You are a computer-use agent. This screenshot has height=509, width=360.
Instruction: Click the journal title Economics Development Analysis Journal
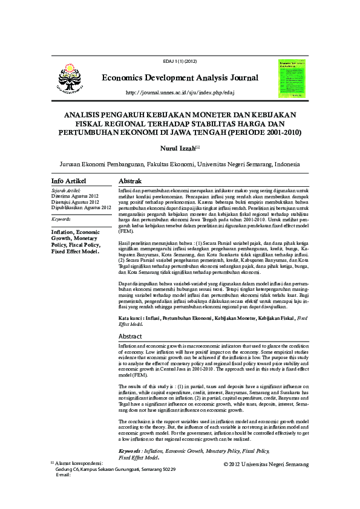[180, 78]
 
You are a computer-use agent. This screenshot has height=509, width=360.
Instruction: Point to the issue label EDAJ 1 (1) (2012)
[180, 62]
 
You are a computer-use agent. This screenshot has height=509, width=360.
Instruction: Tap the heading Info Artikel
[69, 181]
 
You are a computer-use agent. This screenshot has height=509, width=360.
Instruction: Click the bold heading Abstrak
[130, 181]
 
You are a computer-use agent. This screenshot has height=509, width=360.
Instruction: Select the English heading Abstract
[131, 336]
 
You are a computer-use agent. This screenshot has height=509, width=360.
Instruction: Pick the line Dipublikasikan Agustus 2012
[82, 207]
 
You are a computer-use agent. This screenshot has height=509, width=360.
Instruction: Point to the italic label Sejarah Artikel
[67, 191]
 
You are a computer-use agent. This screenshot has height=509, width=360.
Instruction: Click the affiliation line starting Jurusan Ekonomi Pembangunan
[180, 164]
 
